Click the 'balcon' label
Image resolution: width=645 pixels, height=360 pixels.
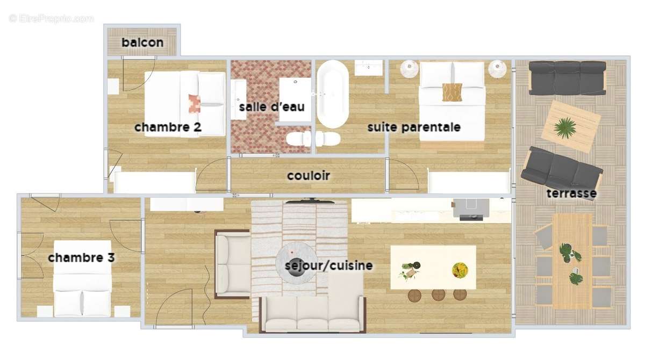pos(142,42)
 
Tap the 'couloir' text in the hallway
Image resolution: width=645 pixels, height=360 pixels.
pos(309,176)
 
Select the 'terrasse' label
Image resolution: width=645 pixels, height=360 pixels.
pos(571,193)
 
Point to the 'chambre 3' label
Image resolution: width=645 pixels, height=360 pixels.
pos(81,257)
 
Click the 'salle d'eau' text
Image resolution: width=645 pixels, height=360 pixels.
pos(272,107)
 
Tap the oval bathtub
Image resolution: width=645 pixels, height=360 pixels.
pos(333,94)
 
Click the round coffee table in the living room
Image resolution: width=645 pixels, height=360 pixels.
pos(297,263)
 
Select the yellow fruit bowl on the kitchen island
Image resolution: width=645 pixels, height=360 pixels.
pos(460,270)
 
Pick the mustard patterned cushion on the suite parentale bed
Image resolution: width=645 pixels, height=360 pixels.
pos(452,92)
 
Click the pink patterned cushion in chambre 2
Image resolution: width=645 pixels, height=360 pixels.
pos(195,104)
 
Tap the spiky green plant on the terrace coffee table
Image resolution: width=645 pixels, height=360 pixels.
pos(565,128)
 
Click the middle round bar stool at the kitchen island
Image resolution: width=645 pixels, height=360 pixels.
pos(438,295)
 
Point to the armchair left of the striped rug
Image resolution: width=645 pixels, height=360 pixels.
pos(233,264)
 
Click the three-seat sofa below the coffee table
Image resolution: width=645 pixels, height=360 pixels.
pos(313,314)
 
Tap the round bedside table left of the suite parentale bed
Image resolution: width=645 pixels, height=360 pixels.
pos(409,69)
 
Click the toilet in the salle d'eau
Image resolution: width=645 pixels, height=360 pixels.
pos(299,139)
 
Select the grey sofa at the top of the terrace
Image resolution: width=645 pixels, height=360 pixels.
pos(568,78)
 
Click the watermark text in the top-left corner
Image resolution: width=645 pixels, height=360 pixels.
pos(52,19)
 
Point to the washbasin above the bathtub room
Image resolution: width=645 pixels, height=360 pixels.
pos(369,68)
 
